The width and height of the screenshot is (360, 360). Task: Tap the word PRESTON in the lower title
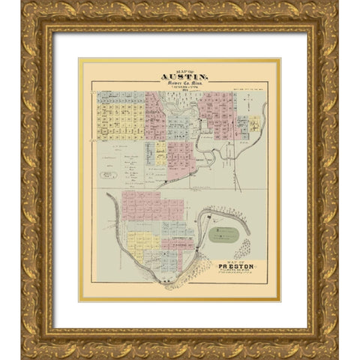pyautogui.click(x=237, y=265)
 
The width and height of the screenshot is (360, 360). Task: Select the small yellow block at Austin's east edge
pyautogui.click(x=255, y=122)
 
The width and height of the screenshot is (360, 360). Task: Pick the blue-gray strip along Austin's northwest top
pyautogui.click(x=120, y=96)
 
